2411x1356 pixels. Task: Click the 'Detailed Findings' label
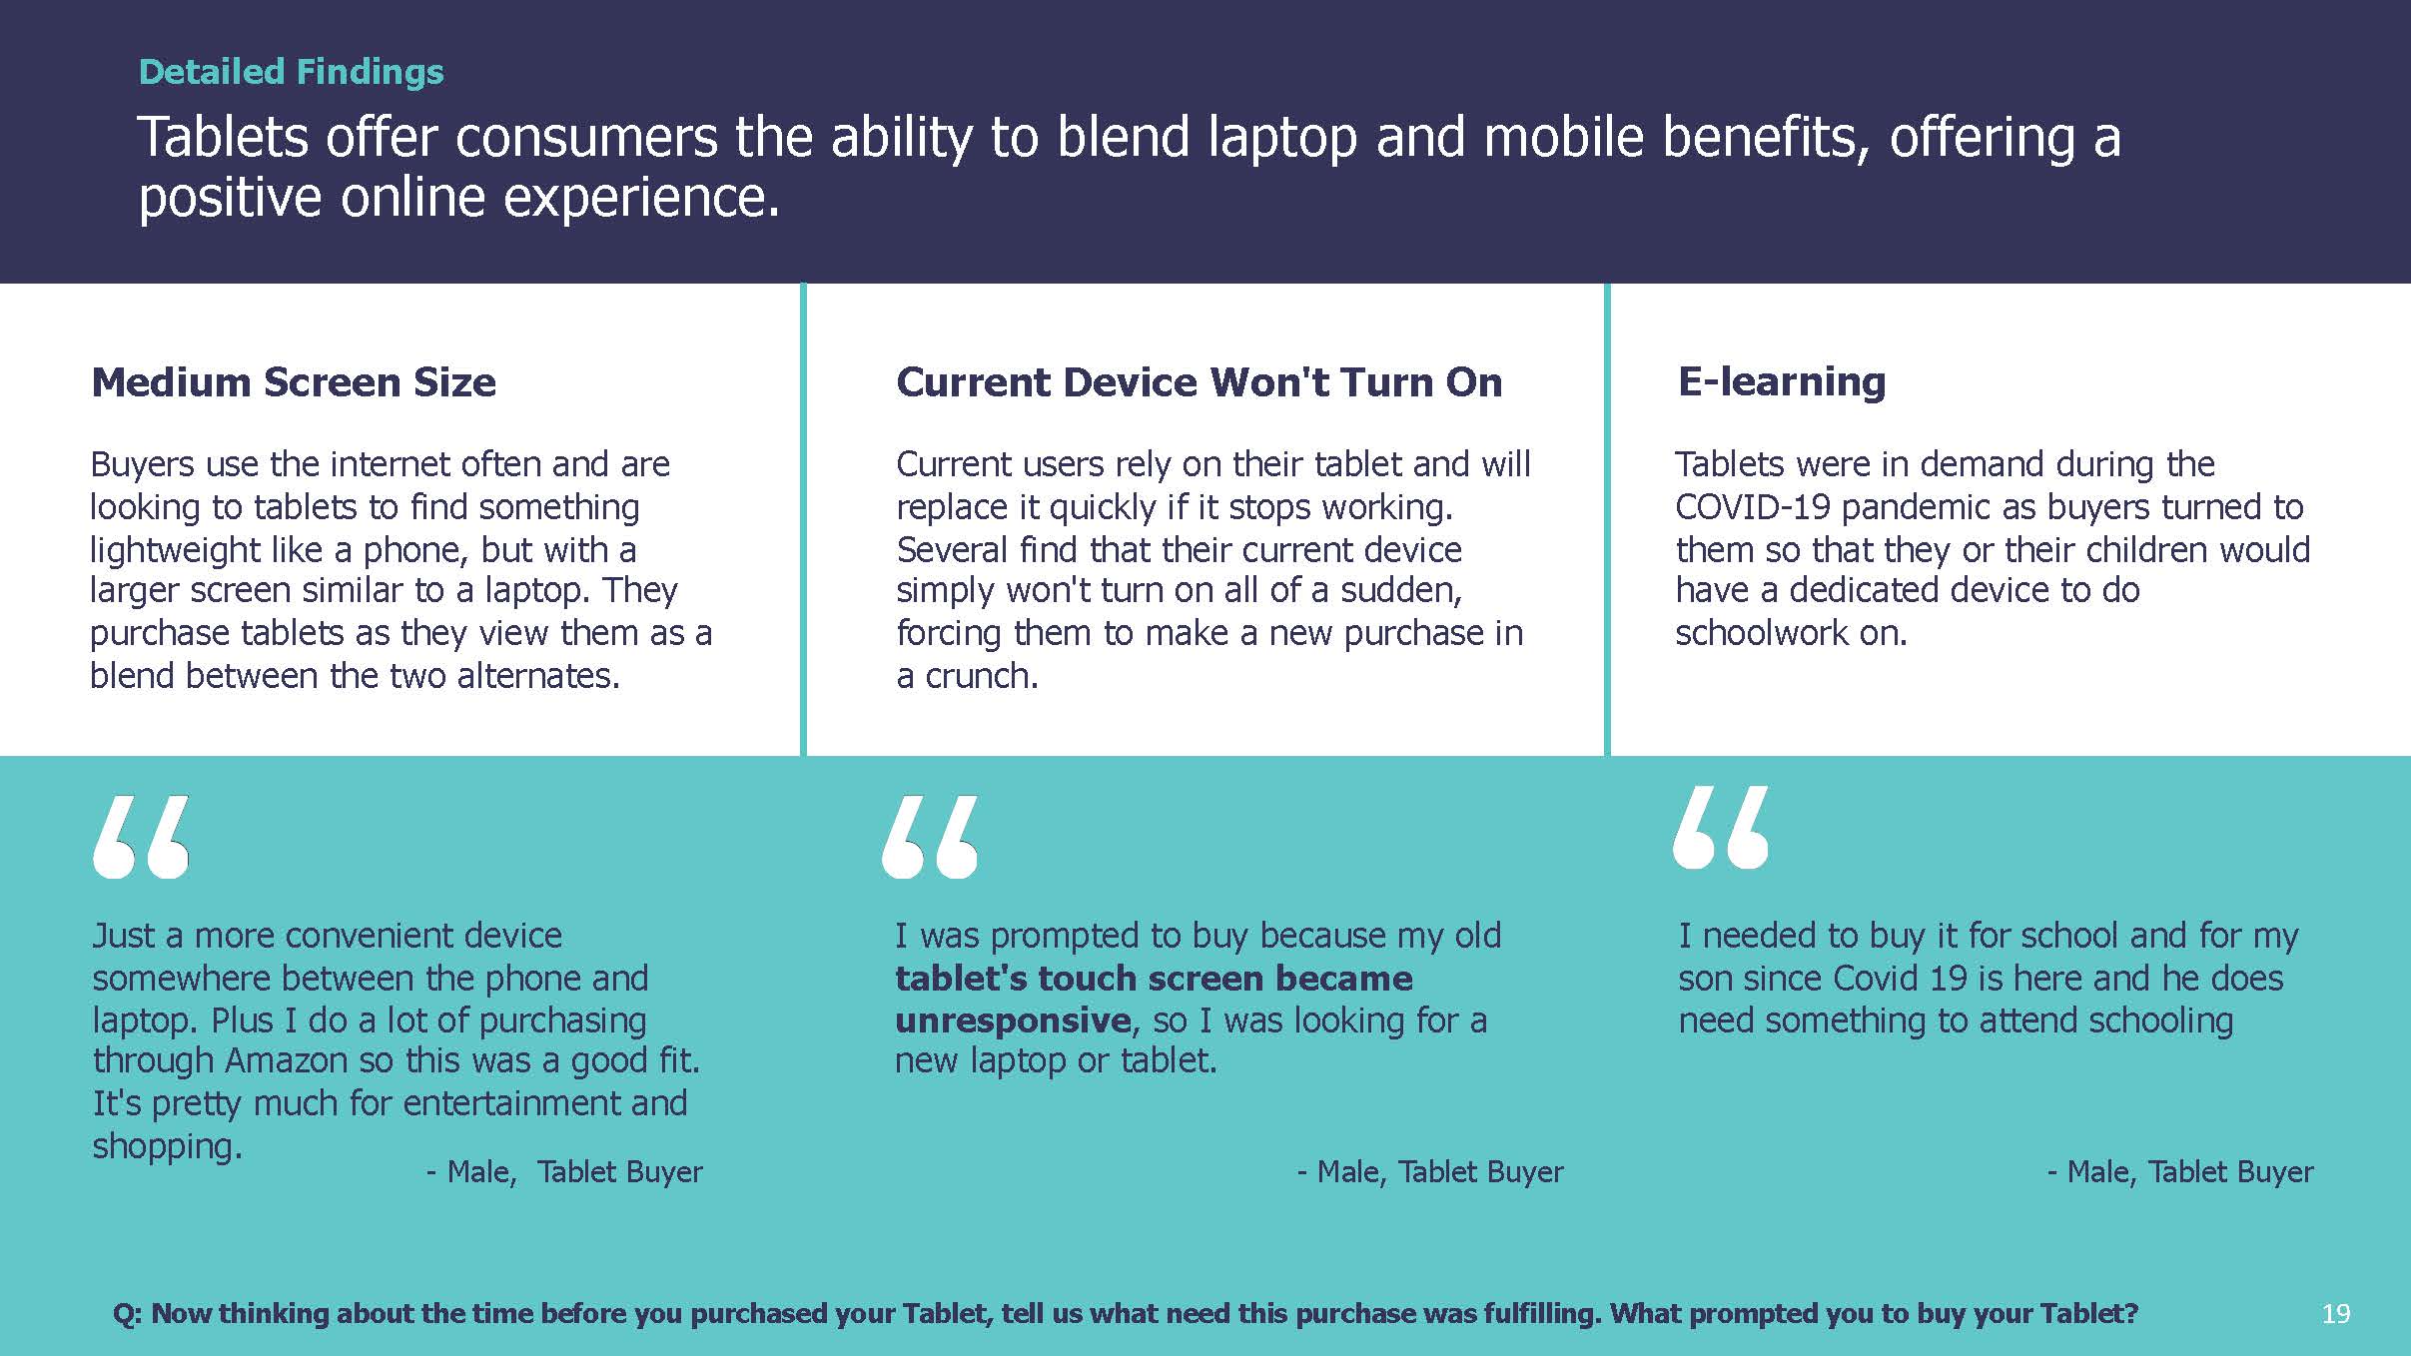[x=291, y=72]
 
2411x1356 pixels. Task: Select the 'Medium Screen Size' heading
[x=294, y=382]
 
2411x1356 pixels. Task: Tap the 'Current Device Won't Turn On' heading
[x=1199, y=382]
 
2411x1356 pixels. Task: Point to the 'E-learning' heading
[x=1782, y=381]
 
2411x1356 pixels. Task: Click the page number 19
[x=2335, y=1313]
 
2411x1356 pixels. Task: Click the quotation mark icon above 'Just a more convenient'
[x=141, y=837]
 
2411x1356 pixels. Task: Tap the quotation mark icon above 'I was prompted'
[x=930, y=837]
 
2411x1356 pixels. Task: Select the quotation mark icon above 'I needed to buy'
[x=1721, y=827]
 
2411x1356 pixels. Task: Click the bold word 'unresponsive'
[x=1013, y=1019]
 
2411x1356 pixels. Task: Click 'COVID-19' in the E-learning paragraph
[x=1753, y=507]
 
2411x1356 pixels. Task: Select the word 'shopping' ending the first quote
[x=164, y=1146]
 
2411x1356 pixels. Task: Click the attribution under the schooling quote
[x=2180, y=1171]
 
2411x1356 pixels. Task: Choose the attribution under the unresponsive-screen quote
[x=1430, y=1171]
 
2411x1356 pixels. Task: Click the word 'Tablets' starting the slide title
[x=223, y=137]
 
